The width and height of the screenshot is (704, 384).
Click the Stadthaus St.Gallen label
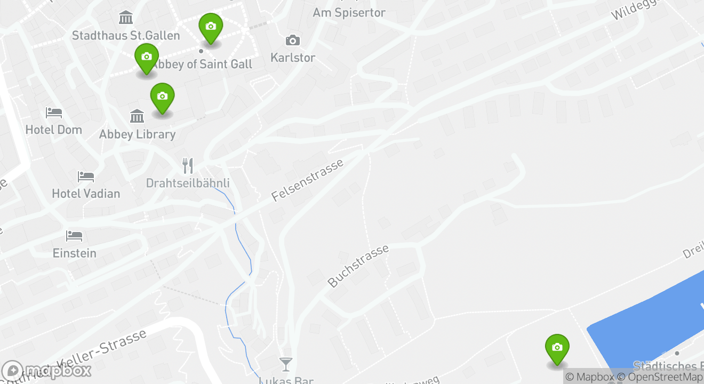[126, 36]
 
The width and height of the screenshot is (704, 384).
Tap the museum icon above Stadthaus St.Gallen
[126, 18]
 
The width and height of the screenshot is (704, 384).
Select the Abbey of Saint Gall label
[202, 64]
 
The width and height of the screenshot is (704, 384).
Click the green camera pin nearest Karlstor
[211, 27]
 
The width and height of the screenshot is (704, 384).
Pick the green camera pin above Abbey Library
[163, 98]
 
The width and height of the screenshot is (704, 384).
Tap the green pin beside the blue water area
[557, 349]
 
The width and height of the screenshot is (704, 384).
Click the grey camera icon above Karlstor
[292, 41]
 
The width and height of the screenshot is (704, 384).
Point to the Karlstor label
[293, 58]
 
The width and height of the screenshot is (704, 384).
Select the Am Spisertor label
[349, 12]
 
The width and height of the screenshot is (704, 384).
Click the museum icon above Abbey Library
[137, 116]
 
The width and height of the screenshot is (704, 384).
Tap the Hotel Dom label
[54, 130]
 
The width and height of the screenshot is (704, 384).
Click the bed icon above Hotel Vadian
[86, 177]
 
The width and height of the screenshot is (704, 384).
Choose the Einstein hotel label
[75, 253]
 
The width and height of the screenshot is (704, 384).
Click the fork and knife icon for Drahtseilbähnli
[187, 165]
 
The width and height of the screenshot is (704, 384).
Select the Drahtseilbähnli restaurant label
[188, 183]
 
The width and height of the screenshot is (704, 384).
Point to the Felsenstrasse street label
[307, 180]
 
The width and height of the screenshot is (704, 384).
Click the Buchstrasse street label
[358, 266]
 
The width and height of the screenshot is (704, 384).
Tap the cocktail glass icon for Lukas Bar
[286, 364]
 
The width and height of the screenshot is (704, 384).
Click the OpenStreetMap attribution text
[660, 377]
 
